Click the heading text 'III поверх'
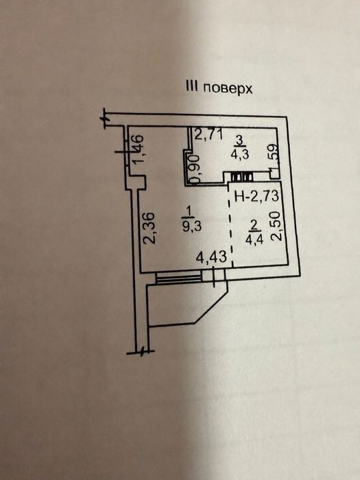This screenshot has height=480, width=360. [x=219, y=88]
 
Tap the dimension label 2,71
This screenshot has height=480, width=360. [x=208, y=134]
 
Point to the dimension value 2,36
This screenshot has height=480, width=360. [x=151, y=228]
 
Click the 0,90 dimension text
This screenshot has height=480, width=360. [x=195, y=169]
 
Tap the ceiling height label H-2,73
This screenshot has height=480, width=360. [x=256, y=196]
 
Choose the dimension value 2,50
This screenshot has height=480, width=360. [x=276, y=226]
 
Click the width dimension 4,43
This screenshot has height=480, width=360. [x=211, y=257]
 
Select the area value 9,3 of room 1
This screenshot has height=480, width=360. [x=191, y=226]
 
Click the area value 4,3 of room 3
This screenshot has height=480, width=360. [x=240, y=154]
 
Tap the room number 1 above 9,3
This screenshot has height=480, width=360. [x=189, y=211]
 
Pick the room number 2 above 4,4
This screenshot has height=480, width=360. [x=254, y=225]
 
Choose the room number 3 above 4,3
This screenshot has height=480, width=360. [x=240, y=140]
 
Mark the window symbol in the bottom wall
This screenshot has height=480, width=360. [x=179, y=278]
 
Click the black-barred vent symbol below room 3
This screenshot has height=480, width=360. [x=242, y=177]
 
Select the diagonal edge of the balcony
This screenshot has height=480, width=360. [x=212, y=307]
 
